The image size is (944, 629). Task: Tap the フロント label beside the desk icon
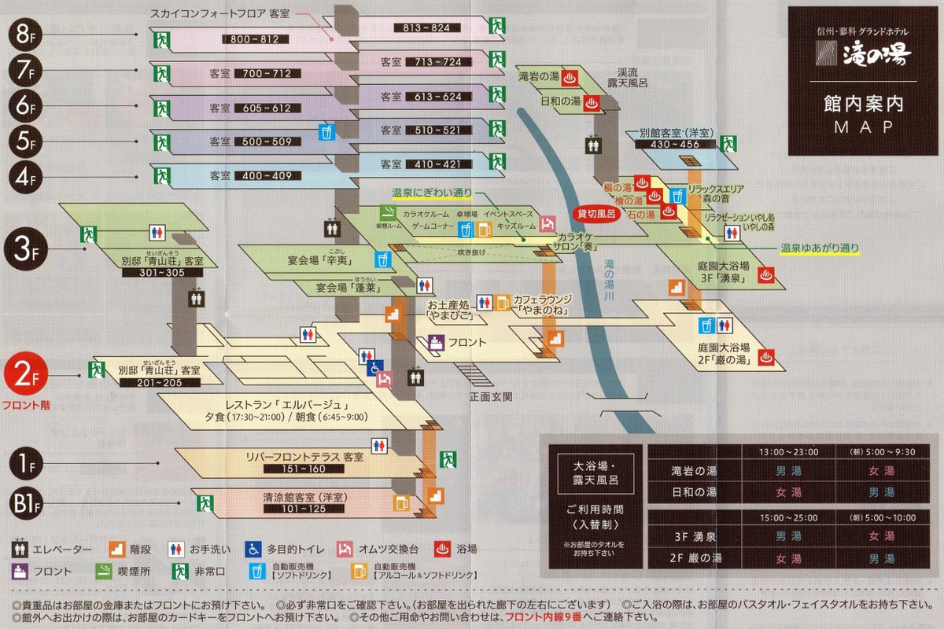pos(467,343)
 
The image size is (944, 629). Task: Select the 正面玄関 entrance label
pos(490,395)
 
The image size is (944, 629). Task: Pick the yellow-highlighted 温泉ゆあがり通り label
pos(819,248)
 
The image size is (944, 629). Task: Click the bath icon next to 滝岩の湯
pos(572,77)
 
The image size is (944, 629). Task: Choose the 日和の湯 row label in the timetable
pos(695,492)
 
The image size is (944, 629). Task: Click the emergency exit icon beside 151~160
pos(449,458)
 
